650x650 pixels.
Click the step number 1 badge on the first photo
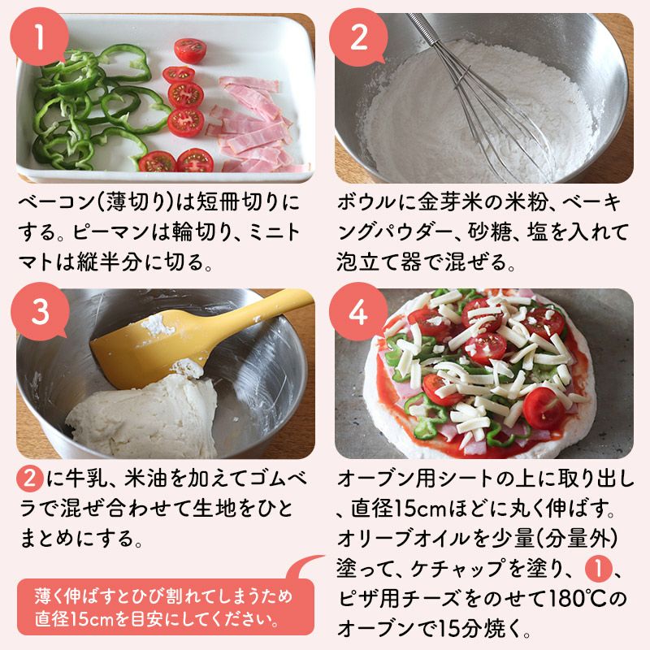39,37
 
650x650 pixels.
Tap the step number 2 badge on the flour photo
358,37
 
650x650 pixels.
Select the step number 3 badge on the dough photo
40,312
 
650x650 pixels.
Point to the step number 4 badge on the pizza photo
358,312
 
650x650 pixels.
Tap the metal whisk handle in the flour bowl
423,28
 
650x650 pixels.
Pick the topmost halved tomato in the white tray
190,50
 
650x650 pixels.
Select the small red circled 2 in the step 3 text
30,479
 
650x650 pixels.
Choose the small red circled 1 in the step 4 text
598,569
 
